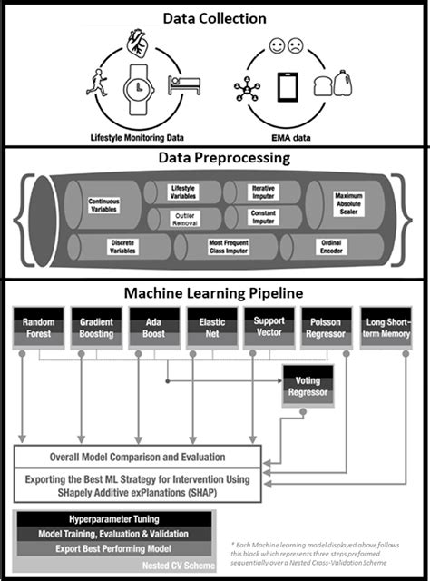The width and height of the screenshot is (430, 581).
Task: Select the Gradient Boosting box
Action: pyautogui.click(x=95, y=329)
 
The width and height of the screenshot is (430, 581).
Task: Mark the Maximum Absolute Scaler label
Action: pyautogui.click(x=348, y=202)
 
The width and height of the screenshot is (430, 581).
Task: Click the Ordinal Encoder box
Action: pyautogui.click(x=330, y=248)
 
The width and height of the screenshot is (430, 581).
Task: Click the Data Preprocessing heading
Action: pyautogui.click(x=214, y=158)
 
